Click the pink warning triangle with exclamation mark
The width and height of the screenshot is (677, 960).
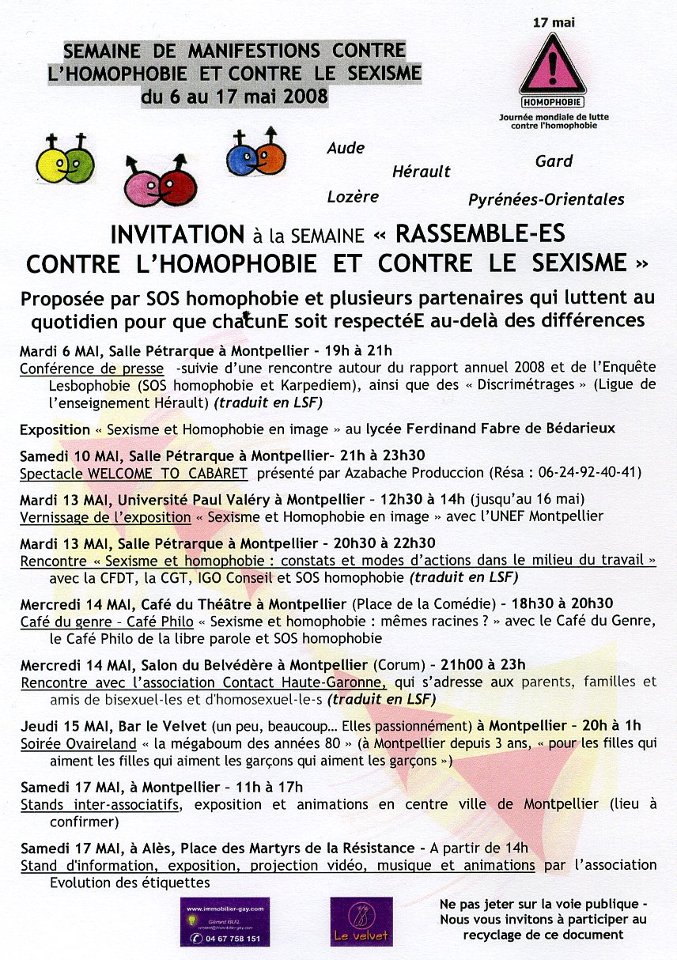pos(553,66)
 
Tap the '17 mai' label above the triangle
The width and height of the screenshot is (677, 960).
pos(552,22)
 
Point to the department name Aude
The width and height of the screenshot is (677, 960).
pos(346,148)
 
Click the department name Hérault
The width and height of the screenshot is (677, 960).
pos(421,172)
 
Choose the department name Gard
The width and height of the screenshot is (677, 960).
pos(554,161)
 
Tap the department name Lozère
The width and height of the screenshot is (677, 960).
pos(353,197)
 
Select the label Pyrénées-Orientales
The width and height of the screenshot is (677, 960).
pos(546,199)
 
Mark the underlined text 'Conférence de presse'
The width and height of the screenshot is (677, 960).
pos(92,369)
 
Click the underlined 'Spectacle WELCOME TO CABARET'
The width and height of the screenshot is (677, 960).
pos(134,473)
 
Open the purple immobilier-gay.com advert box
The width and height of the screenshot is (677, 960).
pos(224,921)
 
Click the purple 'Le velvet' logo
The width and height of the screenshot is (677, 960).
pos(361,921)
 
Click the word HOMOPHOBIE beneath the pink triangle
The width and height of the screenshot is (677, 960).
pos(553,102)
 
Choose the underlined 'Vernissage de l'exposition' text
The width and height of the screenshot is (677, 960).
pos(105,516)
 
